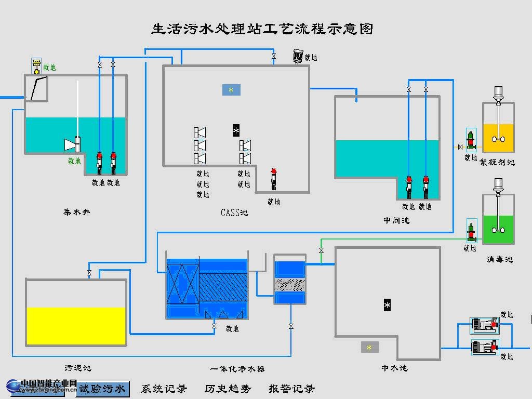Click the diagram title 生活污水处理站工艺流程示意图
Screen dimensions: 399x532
tap(262, 29)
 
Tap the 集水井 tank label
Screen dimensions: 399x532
tap(77, 212)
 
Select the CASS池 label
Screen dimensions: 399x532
tap(234, 212)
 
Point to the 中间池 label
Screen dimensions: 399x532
tap(396, 220)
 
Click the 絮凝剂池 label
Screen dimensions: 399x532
tap(497, 162)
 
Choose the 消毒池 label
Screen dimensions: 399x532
tap(499, 259)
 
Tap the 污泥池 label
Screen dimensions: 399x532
tap(78, 368)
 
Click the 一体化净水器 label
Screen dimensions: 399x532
tap(237, 369)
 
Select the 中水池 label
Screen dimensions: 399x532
tap(394, 368)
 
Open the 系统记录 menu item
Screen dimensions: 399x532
tap(164, 389)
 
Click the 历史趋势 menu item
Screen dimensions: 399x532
tap(228, 389)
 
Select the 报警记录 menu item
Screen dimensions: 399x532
tap(291, 389)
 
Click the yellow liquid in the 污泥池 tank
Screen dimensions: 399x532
tap(76, 326)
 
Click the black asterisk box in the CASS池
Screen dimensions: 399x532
tap(236, 130)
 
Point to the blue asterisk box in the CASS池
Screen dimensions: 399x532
tap(231, 90)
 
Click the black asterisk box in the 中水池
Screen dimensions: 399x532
tap(387, 305)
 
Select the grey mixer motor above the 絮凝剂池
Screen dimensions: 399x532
tap(498, 92)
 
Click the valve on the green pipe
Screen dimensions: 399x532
tap(321, 251)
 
